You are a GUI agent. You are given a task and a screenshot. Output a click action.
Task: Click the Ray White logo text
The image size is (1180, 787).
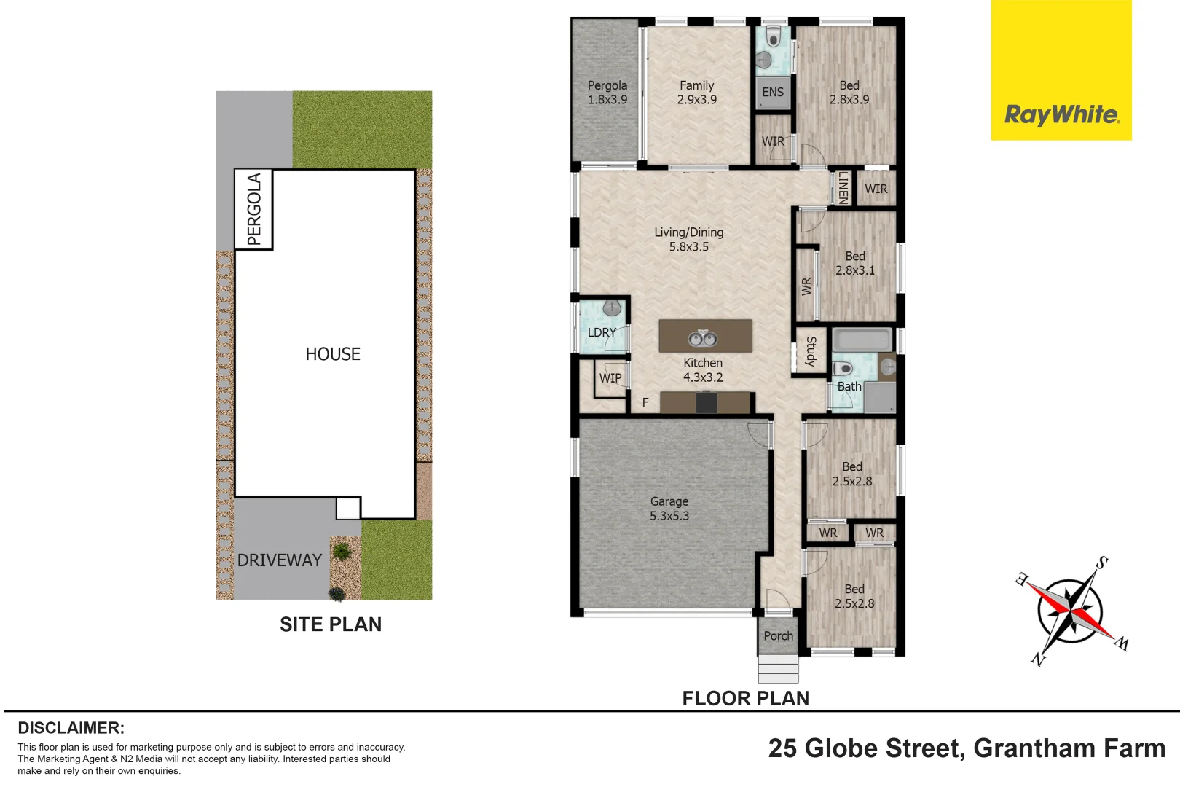pyautogui.click(x=1061, y=114)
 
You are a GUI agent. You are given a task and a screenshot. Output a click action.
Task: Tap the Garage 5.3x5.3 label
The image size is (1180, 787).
pyautogui.click(x=669, y=509)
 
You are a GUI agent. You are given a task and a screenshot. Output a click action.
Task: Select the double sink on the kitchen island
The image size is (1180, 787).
pyautogui.click(x=703, y=338)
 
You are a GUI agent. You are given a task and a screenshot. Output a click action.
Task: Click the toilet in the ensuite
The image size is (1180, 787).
pyautogui.click(x=774, y=36)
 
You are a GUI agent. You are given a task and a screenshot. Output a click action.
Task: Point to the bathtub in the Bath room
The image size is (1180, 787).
pyautogui.click(x=862, y=340)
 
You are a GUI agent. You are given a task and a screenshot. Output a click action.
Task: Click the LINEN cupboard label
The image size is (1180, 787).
pyautogui.click(x=843, y=187)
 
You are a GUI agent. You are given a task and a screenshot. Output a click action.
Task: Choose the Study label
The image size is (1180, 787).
pyautogui.click(x=811, y=351)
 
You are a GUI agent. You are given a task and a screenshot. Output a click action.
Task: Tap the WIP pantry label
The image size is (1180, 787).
pyautogui.click(x=610, y=378)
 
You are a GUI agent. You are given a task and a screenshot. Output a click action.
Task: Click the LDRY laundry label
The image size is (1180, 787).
pyautogui.click(x=602, y=332)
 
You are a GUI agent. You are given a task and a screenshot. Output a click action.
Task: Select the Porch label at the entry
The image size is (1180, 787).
pyautogui.click(x=778, y=636)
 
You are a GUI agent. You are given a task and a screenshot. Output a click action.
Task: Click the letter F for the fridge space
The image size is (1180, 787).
pyautogui.click(x=645, y=402)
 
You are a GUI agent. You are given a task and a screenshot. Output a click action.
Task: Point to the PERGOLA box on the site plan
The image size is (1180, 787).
pyautogui.click(x=253, y=210)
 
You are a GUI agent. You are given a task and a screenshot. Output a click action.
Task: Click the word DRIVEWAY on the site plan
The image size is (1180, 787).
pyautogui.click(x=280, y=560)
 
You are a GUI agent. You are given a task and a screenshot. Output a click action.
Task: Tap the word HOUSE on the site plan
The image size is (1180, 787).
pyautogui.click(x=333, y=354)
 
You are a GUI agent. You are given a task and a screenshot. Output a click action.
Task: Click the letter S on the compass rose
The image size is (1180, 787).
pyautogui.click(x=1102, y=563)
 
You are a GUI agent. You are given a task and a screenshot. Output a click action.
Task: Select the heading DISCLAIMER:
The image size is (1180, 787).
pyautogui.click(x=71, y=728)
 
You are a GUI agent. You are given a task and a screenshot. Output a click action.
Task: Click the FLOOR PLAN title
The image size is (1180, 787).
pyautogui.click(x=745, y=698)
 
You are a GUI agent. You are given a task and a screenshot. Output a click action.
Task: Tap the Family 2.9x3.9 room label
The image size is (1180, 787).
pyautogui.click(x=697, y=93)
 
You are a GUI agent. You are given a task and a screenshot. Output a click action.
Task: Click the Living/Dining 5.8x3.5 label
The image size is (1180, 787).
pyautogui.click(x=688, y=239)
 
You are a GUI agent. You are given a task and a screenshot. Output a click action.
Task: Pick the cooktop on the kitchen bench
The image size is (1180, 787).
pyautogui.click(x=706, y=402)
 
